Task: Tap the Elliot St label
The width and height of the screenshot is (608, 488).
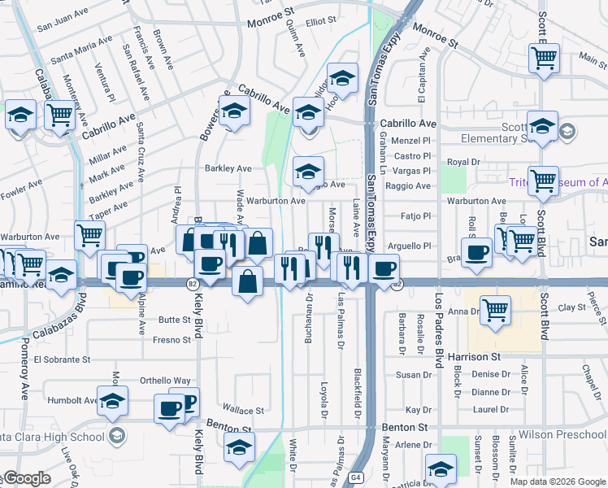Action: pyautogui.click(x=321, y=22)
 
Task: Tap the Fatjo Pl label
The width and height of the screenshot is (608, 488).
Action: pyautogui.click(x=415, y=216)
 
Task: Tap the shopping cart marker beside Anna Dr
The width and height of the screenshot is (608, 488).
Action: pyautogui.click(x=495, y=309)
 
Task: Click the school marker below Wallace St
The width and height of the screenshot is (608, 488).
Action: pyautogui.click(x=239, y=447)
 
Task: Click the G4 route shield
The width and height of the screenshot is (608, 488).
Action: pyautogui.click(x=355, y=477)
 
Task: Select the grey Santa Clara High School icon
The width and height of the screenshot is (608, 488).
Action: pyautogui.click(x=117, y=437)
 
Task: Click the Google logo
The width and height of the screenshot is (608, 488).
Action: pyautogui.click(x=27, y=477)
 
